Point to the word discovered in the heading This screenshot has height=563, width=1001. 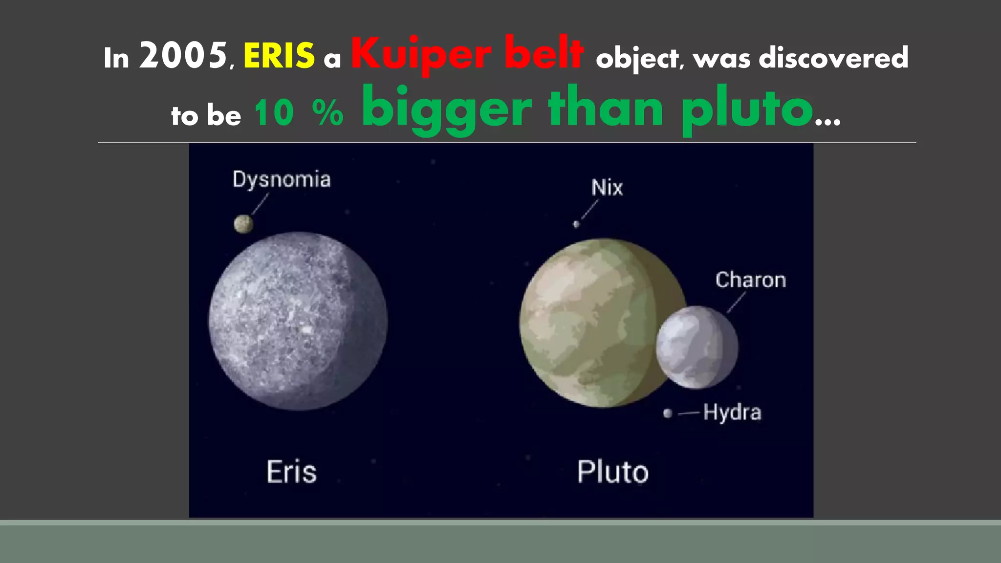point(833,58)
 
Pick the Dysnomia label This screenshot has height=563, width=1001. point(282,179)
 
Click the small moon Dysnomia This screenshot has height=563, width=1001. point(243,224)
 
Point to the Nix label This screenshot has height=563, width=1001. point(607,188)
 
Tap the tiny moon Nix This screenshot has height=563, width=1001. point(576,224)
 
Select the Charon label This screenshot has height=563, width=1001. point(751,280)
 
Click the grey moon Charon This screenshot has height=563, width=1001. point(697,347)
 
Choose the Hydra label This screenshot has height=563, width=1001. point(732,412)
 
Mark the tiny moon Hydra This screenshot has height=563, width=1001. point(668,413)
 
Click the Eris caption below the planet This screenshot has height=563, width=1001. point(292,472)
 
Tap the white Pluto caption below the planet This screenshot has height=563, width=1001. point(613,472)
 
